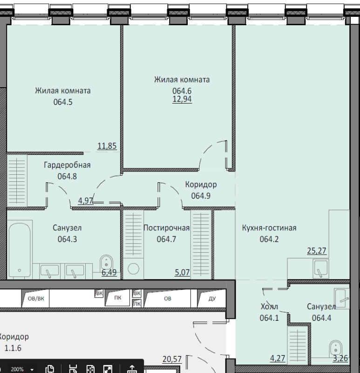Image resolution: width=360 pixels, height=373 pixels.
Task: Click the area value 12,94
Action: coord(182,99)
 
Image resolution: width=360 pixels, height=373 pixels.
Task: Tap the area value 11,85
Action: coord(107,145)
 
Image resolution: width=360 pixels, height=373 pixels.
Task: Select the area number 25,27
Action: coord(317,250)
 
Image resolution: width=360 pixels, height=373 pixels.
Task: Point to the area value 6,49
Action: coord(109,272)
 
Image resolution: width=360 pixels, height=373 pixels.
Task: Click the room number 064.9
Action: coord(201,196)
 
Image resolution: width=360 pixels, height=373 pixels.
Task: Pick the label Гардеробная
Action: coord(67,165)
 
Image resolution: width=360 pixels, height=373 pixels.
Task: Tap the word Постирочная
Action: coord(167,228)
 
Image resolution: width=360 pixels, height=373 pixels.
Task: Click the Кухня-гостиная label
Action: coord(269,228)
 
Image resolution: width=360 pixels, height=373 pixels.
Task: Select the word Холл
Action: coord(269,307)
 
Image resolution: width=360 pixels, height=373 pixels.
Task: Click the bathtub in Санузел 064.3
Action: coord(20,250)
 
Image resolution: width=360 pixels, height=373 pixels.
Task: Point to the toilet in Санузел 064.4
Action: coord(335,348)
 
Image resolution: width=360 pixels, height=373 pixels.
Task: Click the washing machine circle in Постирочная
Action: coord(133,269)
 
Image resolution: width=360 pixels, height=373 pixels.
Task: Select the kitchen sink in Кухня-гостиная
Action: coord(321,269)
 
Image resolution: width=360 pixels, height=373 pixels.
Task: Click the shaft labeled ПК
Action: coord(118,298)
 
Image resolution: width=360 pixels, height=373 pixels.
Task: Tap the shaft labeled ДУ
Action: coord(212,298)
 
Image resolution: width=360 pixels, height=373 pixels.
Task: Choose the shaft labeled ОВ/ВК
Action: coord(36,298)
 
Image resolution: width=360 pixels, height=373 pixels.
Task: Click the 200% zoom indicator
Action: coord(17,369)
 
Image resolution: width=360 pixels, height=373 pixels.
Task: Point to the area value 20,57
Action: coord(172,359)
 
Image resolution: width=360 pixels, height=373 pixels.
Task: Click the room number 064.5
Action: coord(63,102)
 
